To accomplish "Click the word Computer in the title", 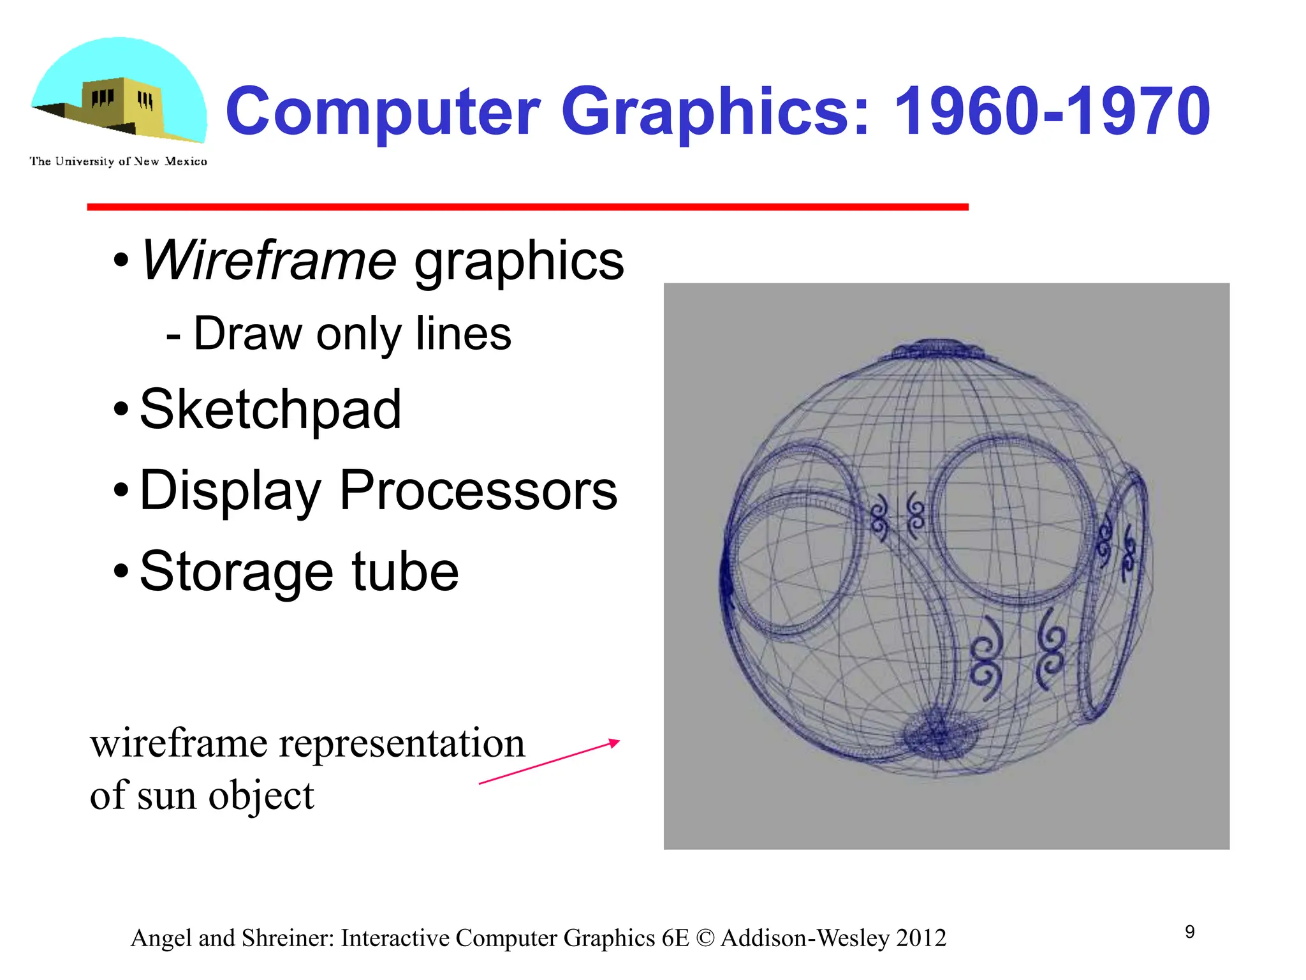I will [383, 112].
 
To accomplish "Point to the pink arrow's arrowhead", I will [615, 742].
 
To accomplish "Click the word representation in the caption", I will [402, 743].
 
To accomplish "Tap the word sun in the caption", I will [168, 796].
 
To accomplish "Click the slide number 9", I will [1190, 932].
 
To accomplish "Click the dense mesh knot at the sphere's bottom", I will [938, 737].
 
